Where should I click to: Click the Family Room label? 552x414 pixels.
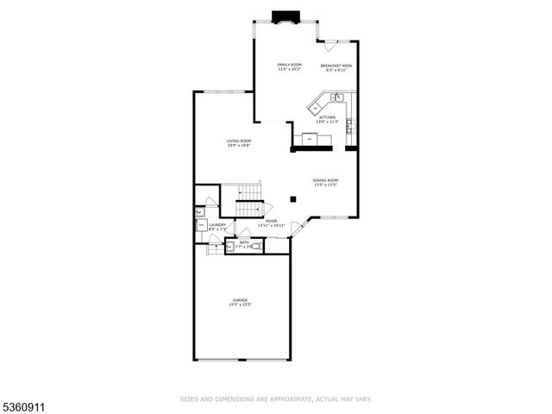[x=289, y=65]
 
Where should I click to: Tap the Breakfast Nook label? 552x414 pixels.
[x=336, y=66]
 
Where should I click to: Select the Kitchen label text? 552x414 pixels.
[x=328, y=117]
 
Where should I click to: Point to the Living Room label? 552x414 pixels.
[x=239, y=141]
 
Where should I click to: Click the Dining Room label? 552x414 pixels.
[x=325, y=180]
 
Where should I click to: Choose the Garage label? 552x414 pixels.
[x=240, y=300]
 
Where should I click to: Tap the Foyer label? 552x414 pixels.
[x=272, y=221]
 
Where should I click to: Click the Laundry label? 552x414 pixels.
[x=217, y=224]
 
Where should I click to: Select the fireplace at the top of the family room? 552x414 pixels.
[x=284, y=16]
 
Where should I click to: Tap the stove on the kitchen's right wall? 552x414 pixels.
[x=349, y=127]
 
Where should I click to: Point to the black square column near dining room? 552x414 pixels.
[x=293, y=199]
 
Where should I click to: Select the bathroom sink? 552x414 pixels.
[x=229, y=246]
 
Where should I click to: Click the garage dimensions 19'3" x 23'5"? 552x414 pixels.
[x=240, y=305]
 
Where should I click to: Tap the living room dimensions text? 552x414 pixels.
[x=239, y=146]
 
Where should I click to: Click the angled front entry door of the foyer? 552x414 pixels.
[x=298, y=228]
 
